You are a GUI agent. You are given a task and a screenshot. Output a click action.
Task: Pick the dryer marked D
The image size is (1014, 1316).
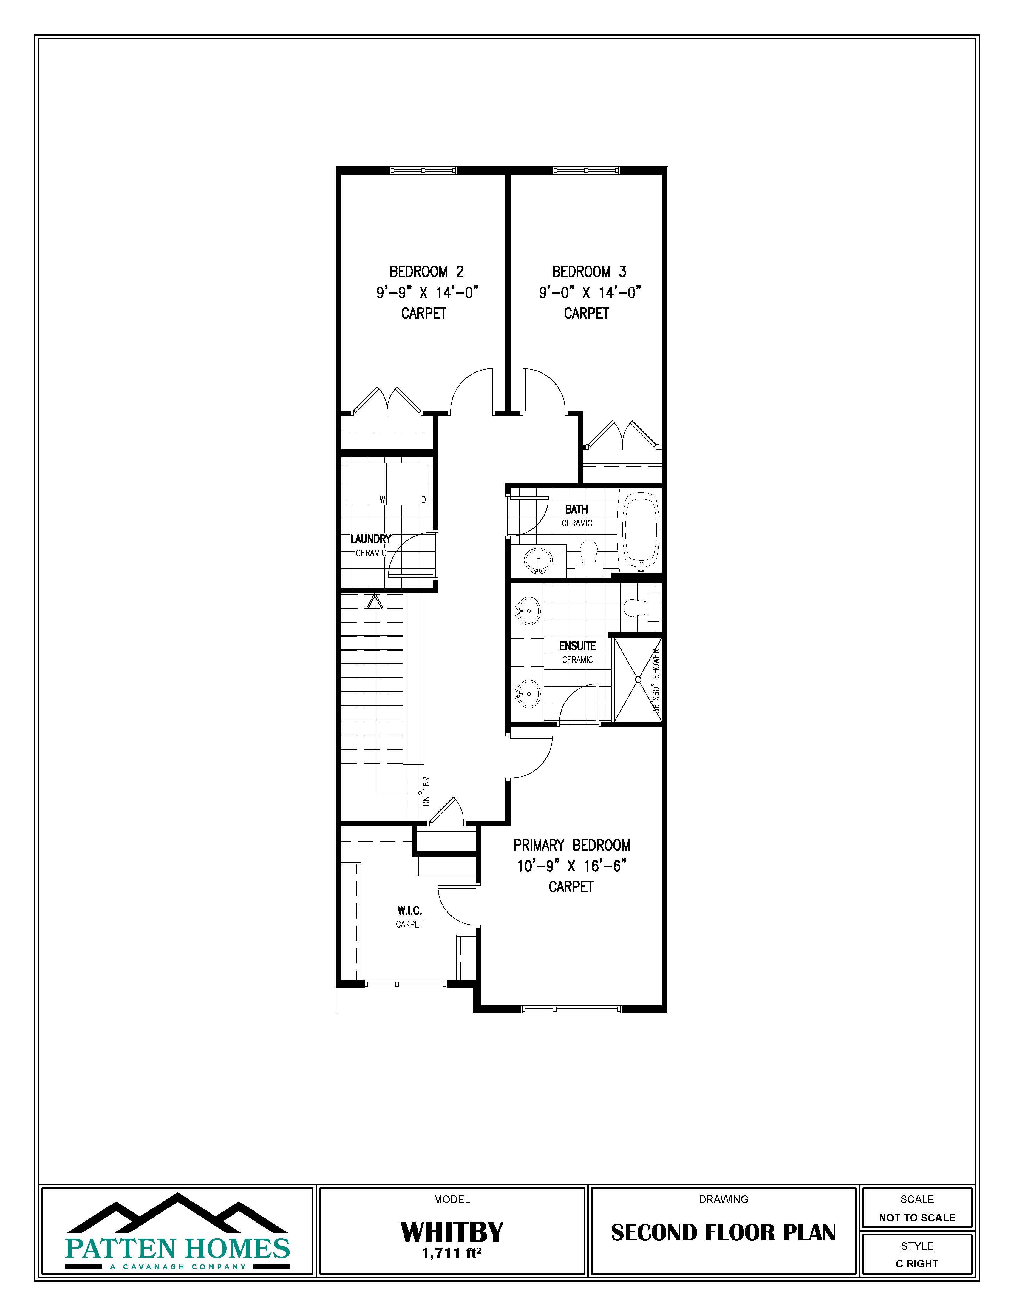[x=407, y=484]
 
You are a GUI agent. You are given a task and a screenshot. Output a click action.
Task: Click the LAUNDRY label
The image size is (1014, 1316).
[x=371, y=539]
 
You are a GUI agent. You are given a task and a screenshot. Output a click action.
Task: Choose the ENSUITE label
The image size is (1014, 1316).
[x=577, y=646]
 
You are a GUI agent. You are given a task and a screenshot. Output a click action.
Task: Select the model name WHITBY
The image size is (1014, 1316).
[x=452, y=1232]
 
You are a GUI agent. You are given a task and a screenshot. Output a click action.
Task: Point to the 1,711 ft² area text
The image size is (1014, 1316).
[x=452, y=1253]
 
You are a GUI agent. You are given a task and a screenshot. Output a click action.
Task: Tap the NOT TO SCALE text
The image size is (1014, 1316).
[x=917, y=1218]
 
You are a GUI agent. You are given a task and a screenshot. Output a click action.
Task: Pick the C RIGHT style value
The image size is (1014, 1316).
[x=917, y=1263]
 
